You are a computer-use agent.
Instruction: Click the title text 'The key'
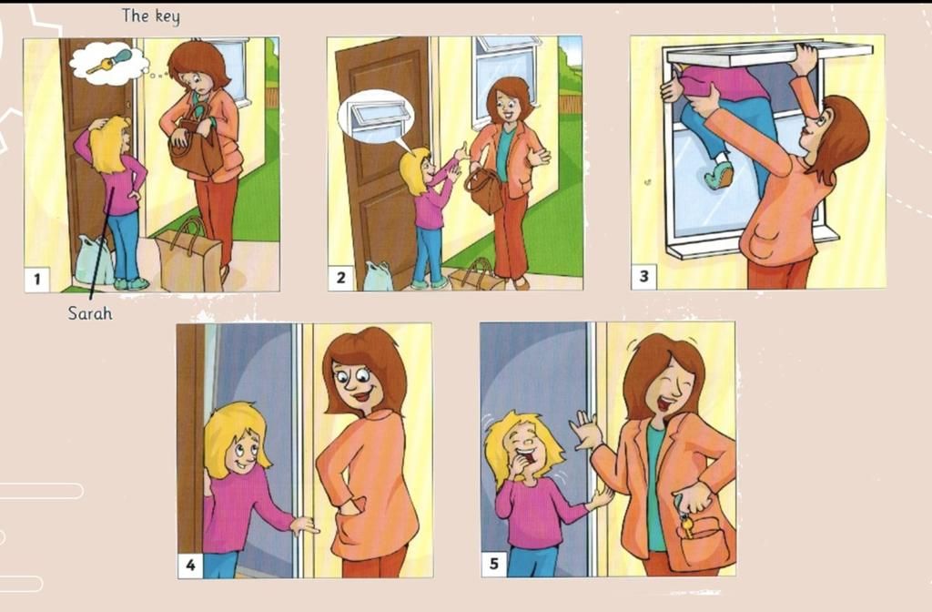coord(150,16)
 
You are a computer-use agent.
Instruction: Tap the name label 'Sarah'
coord(90,313)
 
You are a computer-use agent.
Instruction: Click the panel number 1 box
coord(37,279)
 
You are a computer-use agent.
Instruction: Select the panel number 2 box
coord(340,278)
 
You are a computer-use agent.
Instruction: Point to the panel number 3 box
coord(643,277)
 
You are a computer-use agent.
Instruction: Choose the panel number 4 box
coord(190,565)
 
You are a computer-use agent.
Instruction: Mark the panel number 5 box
coord(494,564)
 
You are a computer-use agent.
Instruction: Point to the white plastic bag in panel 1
coord(94,260)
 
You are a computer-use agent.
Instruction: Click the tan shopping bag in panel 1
coord(188,256)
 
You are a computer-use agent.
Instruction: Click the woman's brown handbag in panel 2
coord(484,189)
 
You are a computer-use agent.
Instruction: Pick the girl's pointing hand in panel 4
coord(304,525)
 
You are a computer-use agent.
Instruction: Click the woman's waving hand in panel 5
coord(585,431)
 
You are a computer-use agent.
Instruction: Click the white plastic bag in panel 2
coord(378,277)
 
